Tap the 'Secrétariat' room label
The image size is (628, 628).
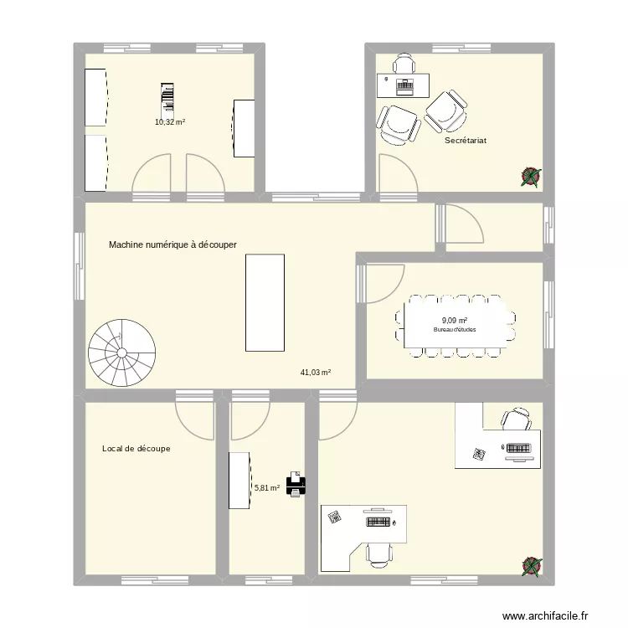tap(466, 141)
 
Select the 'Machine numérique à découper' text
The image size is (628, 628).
tap(172, 245)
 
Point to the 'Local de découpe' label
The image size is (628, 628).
tap(136, 449)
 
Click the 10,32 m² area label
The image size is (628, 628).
tap(169, 121)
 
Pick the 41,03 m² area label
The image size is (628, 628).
tap(315, 373)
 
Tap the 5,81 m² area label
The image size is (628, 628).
tap(266, 487)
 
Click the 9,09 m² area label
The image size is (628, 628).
tap(454, 320)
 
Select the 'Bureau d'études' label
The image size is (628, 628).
tap(455, 330)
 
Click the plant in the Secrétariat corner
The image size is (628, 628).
tap(530, 175)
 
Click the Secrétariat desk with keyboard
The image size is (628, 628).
tap(404, 85)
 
